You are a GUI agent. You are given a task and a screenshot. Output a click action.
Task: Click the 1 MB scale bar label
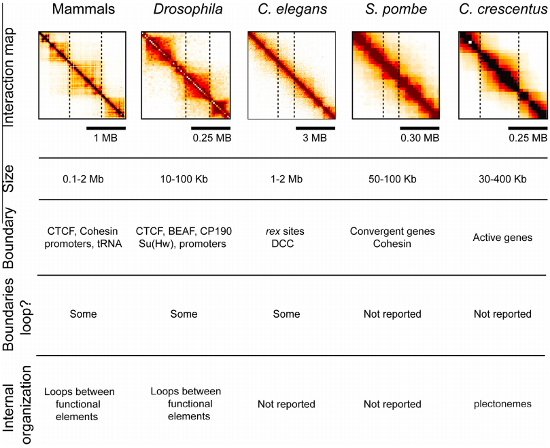coord(106,138)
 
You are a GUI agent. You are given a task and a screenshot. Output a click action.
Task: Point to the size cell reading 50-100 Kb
coord(393,179)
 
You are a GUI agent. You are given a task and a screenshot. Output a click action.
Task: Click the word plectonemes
coord(502,404)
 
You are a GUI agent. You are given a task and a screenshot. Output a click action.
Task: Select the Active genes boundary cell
coord(502,238)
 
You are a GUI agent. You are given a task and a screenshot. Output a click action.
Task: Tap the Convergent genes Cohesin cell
coord(392,238)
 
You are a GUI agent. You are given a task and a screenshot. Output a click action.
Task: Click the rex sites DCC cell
coord(286,238)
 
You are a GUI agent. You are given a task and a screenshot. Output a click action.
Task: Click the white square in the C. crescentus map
coord(469,43)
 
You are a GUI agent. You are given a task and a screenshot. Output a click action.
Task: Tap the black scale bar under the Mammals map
coord(106,127)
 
